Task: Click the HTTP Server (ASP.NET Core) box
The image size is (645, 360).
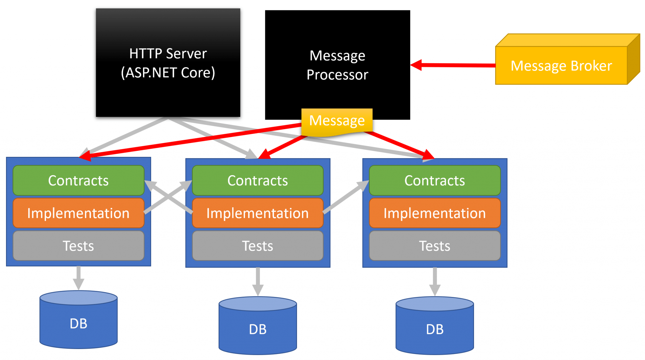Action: point(168,63)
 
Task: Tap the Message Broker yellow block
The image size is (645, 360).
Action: point(561,66)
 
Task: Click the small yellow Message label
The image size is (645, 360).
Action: point(337,121)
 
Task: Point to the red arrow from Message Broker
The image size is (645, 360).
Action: point(454,65)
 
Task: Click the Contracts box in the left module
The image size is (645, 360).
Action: point(78,180)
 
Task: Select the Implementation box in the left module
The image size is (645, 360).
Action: point(78,213)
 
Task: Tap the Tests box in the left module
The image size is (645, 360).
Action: point(78,246)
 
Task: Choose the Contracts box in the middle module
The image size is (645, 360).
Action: point(258,180)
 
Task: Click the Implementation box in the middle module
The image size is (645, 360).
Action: point(258,213)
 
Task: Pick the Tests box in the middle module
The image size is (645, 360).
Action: point(258,246)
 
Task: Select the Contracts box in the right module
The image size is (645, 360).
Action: point(435,180)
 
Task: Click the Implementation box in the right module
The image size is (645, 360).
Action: point(435,213)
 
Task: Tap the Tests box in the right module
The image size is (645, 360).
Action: point(435,246)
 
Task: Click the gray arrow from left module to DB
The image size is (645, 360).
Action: point(78,277)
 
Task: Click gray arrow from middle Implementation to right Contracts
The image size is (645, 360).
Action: point(346,197)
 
